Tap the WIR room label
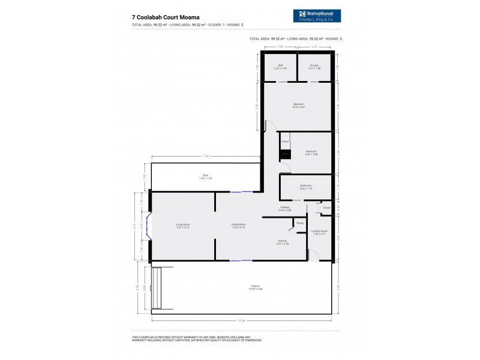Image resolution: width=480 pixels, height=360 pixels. click(x=280, y=66)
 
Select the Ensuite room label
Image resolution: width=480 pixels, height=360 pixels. click(x=314, y=66)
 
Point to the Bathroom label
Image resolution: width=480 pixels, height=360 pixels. click(x=306, y=187)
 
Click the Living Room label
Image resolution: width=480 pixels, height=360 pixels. click(x=182, y=226)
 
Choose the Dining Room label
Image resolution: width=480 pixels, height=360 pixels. click(x=239, y=226)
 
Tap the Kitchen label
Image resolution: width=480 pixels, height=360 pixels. click(x=283, y=242)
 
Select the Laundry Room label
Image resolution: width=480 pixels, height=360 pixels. click(x=319, y=232)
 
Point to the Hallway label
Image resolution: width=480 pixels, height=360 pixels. click(x=285, y=208)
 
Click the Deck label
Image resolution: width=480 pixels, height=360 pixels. click(x=205, y=176)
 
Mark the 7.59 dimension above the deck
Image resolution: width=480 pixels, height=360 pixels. click(x=206, y=156)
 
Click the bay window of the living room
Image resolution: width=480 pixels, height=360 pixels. click(x=149, y=226)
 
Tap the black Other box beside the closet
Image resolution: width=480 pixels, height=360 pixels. click(x=286, y=155)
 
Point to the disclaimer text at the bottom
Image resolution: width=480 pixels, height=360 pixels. click(x=198, y=338)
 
